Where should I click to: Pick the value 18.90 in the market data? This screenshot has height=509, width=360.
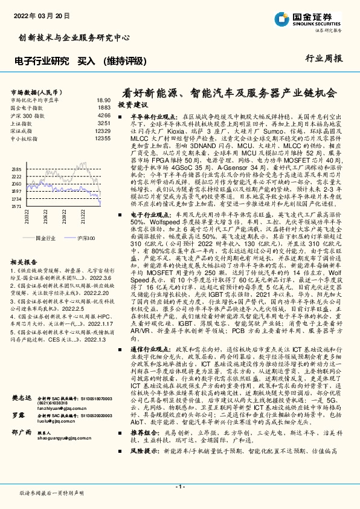click(103, 100)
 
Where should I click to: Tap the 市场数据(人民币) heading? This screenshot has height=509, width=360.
click(37, 92)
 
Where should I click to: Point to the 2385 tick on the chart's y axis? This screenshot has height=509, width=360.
click(17, 169)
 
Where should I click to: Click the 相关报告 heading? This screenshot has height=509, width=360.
click(25, 262)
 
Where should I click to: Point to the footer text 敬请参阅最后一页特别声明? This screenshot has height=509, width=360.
click(51, 494)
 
